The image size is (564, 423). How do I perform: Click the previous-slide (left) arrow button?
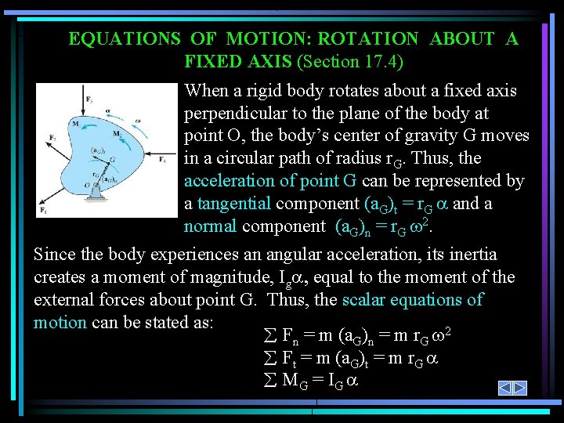pos(506,389)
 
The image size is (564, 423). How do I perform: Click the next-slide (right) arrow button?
pos(520,389)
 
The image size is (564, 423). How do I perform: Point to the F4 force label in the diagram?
pos(162,159)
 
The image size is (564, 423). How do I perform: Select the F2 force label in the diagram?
pos(53,139)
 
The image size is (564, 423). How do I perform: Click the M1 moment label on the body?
pos(74,123)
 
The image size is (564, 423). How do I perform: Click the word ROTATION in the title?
pos(367,39)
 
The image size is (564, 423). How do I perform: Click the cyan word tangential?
pos(234,204)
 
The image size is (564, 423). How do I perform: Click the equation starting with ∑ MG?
pos(309,381)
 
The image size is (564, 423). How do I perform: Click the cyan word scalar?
pos(369,300)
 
